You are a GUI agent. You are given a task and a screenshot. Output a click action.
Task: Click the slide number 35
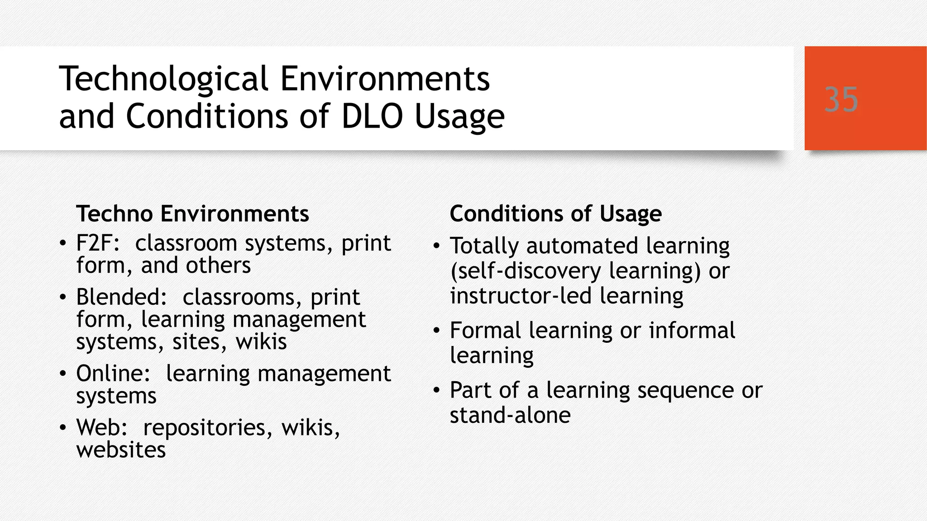coord(841,99)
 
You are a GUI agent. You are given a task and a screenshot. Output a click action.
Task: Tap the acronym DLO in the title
coord(372,117)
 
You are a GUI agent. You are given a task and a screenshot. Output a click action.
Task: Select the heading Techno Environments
coord(192,213)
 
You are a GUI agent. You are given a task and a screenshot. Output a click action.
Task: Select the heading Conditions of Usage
coord(555,213)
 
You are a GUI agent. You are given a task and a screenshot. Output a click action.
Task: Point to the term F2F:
coord(98,243)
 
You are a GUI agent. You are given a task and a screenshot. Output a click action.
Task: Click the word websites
coord(121,450)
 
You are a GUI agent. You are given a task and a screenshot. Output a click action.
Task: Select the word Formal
coord(485,331)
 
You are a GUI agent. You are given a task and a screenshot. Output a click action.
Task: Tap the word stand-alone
coord(510,415)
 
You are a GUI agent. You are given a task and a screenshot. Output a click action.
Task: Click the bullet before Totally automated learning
coord(436,246)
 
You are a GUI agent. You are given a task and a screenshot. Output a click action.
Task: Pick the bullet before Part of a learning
coord(436,390)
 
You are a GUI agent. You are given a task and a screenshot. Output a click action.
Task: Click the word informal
coord(692,331)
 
